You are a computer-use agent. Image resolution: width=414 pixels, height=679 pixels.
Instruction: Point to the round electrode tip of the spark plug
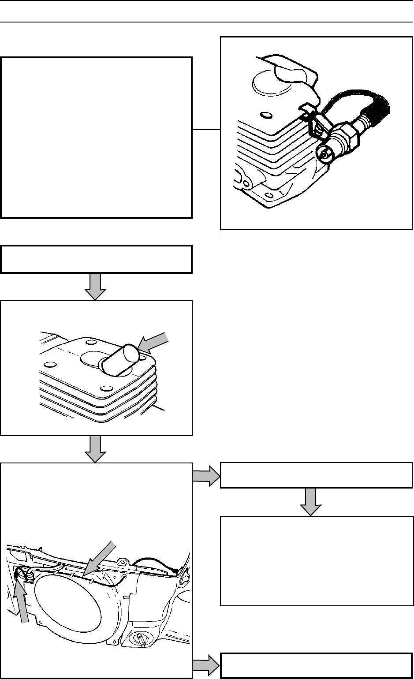pyautogui.click(x=325, y=154)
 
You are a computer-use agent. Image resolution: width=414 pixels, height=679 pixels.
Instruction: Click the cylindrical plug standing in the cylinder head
pyautogui.click(x=120, y=360)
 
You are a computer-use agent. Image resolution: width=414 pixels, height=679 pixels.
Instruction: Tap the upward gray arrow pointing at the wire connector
pyautogui.click(x=22, y=600)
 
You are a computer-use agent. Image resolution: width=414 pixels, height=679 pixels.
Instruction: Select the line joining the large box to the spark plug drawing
pyautogui.click(x=206, y=130)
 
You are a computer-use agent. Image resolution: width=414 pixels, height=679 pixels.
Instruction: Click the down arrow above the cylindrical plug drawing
pyautogui.click(x=96, y=286)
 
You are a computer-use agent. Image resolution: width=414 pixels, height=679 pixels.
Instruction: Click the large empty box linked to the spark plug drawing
pyautogui.click(x=97, y=137)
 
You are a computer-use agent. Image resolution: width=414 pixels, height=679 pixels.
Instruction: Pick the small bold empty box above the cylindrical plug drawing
pyautogui.click(x=97, y=259)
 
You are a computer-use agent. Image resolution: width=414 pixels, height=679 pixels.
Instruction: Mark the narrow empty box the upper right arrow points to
pyautogui.click(x=316, y=475)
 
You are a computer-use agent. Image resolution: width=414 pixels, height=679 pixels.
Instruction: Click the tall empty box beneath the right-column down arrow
pyautogui.click(x=316, y=561)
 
